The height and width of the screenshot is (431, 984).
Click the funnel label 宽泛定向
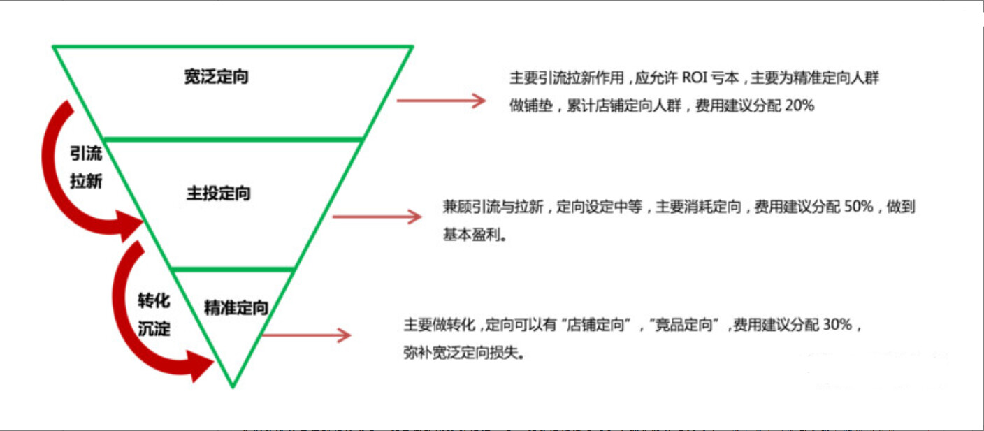[x=217, y=77]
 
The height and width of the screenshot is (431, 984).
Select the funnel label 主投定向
[x=219, y=193]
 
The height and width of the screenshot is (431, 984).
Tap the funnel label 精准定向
[x=236, y=307]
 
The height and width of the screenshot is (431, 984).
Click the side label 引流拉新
[x=86, y=168]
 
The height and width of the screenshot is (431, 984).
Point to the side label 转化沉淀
[x=154, y=315]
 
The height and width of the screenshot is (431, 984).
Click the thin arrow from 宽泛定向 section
[x=441, y=101]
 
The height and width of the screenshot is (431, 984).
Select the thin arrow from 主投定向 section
[x=377, y=217]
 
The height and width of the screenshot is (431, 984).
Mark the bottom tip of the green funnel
[x=233, y=386]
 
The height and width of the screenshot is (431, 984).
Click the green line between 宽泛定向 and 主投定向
[x=233, y=139]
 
